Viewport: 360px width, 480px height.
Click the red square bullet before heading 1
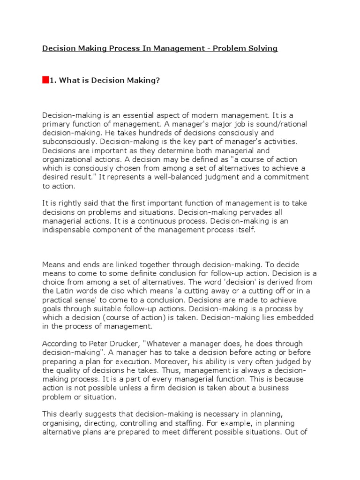45,80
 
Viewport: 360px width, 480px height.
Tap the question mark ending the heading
158,81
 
